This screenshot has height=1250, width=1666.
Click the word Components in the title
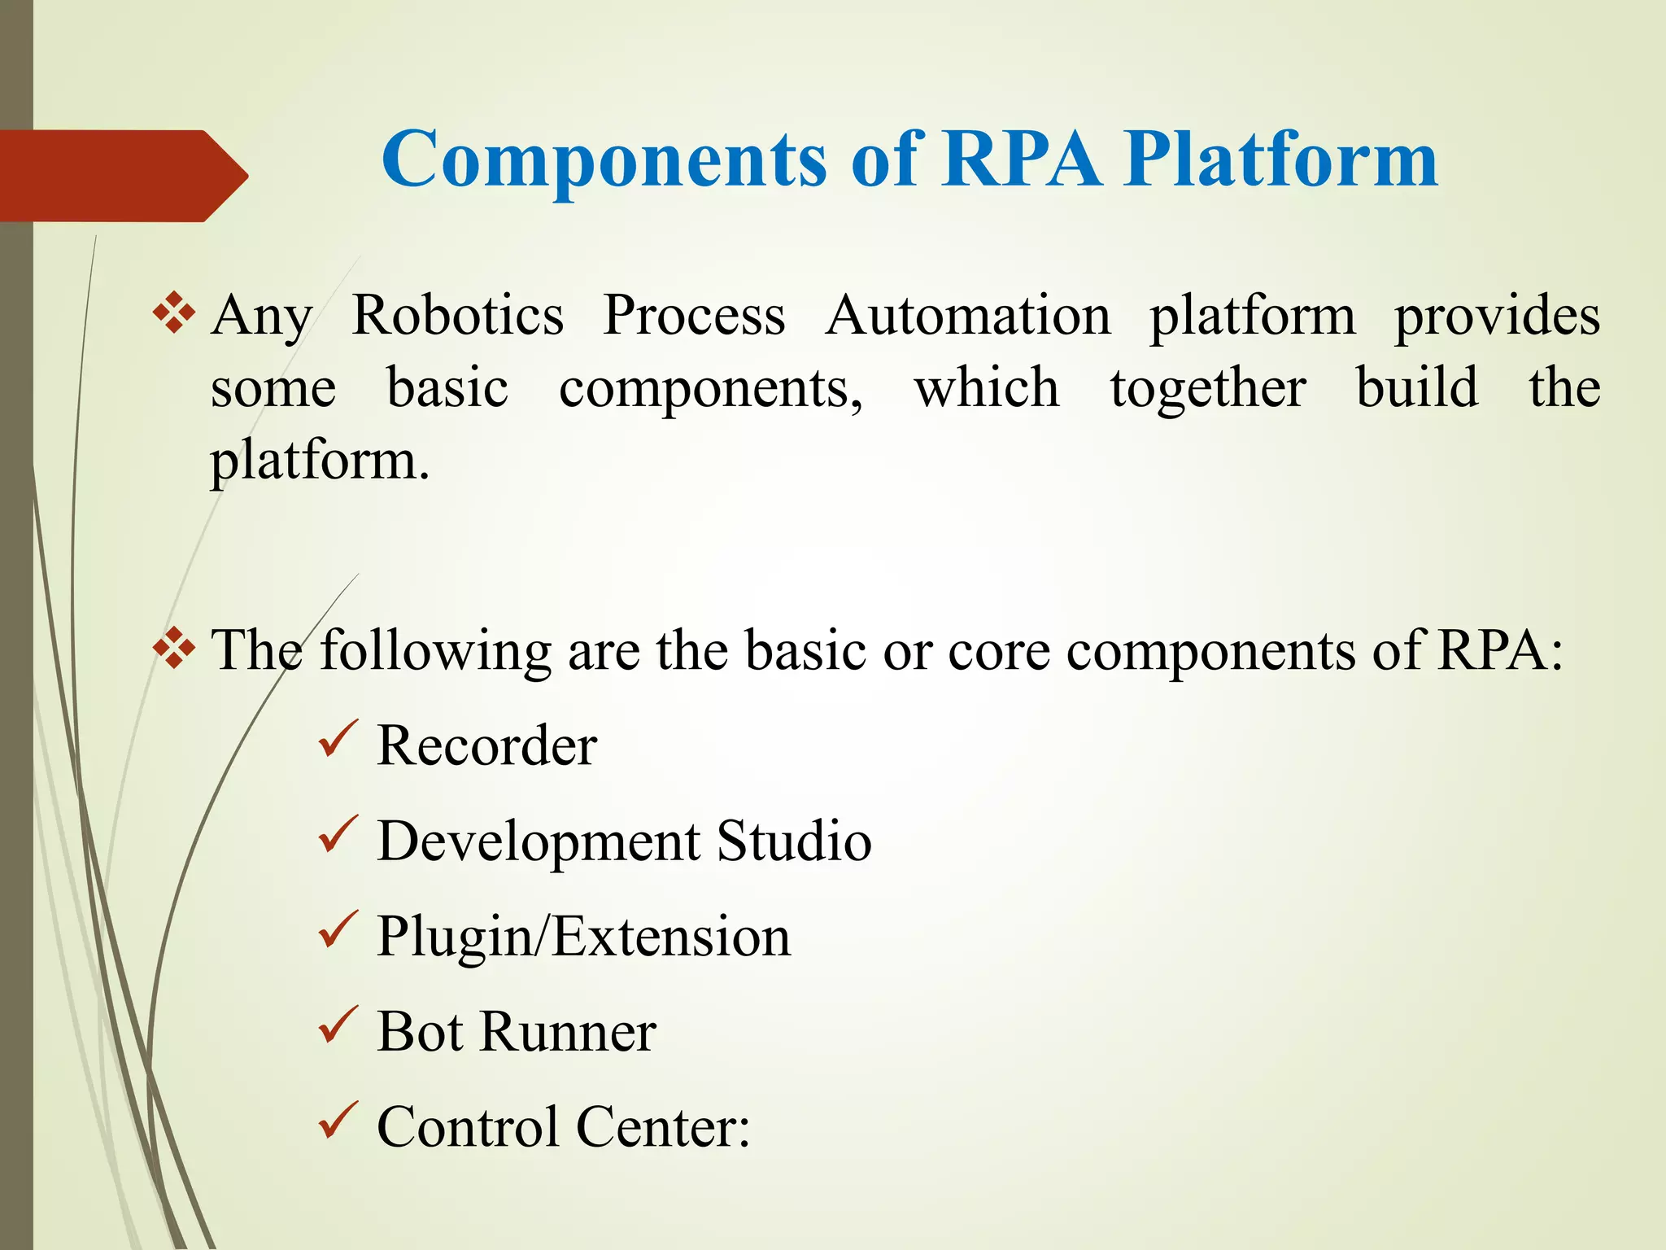tap(604, 160)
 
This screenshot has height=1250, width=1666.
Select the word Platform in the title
tap(1280, 160)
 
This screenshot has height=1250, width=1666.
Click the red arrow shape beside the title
tap(122, 176)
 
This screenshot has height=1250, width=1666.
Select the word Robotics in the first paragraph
tap(458, 316)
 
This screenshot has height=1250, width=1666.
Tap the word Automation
tap(968, 316)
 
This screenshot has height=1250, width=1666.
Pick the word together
tap(1208, 389)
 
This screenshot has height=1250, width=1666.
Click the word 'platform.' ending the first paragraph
tap(319, 462)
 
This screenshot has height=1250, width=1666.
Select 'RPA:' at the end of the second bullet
tap(1499, 651)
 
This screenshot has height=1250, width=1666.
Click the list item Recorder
tap(486, 745)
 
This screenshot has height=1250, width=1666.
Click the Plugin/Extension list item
tap(583, 937)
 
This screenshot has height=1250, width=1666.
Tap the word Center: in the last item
tap(663, 1127)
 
